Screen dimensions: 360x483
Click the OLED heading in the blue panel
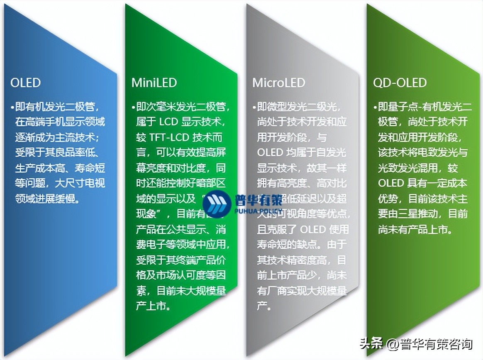click(25, 83)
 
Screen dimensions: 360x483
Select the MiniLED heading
click(154, 83)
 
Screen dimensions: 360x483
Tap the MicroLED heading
click(278, 83)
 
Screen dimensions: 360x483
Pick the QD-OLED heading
click(400, 83)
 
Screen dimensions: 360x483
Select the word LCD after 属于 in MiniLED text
click(169, 122)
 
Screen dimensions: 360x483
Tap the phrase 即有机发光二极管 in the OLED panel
click(58, 107)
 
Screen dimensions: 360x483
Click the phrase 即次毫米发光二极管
click(183, 107)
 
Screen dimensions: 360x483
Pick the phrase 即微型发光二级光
click(299, 107)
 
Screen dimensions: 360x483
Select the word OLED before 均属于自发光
click(270, 153)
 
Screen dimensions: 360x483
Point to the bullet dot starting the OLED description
click(13, 107)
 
